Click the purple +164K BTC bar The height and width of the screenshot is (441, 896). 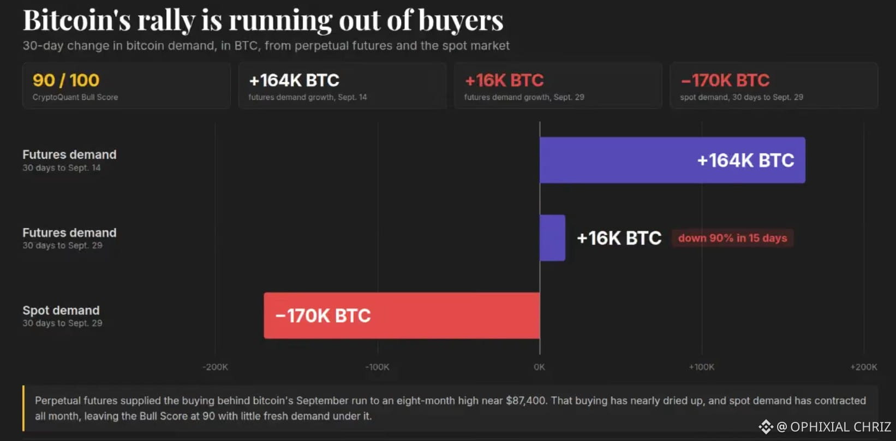click(x=672, y=160)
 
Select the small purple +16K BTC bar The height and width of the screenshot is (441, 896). click(x=552, y=238)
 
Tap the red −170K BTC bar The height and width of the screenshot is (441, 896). click(x=402, y=315)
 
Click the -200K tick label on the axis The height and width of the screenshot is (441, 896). click(x=215, y=367)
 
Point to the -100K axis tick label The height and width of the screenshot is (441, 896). click(x=377, y=367)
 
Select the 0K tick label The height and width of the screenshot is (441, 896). click(x=539, y=367)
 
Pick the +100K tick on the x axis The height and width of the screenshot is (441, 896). click(x=702, y=367)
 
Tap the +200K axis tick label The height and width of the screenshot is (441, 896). click(x=864, y=367)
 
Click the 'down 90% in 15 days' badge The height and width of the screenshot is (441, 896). click(x=732, y=238)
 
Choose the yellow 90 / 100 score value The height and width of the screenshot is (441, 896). click(x=66, y=80)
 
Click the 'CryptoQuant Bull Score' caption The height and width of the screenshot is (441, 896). click(x=75, y=97)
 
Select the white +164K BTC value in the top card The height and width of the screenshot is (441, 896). click(x=294, y=80)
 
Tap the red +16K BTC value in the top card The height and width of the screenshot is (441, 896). click(x=504, y=80)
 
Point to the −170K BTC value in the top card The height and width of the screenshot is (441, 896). click(x=725, y=80)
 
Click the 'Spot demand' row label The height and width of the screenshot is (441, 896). click(x=61, y=310)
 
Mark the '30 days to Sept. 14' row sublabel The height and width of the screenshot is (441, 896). click(x=62, y=168)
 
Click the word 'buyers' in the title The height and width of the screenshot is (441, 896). click(x=461, y=20)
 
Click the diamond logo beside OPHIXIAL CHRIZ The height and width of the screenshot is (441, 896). click(x=766, y=427)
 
